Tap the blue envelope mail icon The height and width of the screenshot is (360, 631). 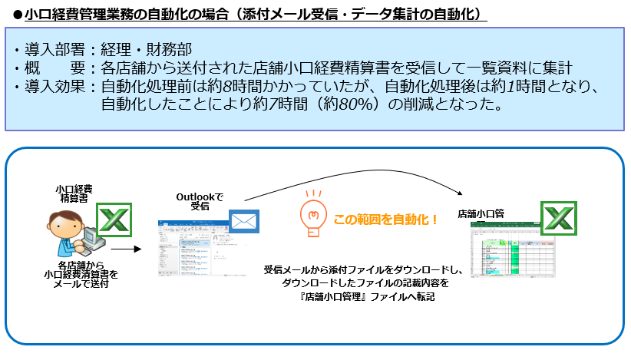(244, 223)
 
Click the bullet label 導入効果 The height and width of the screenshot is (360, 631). (54, 86)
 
